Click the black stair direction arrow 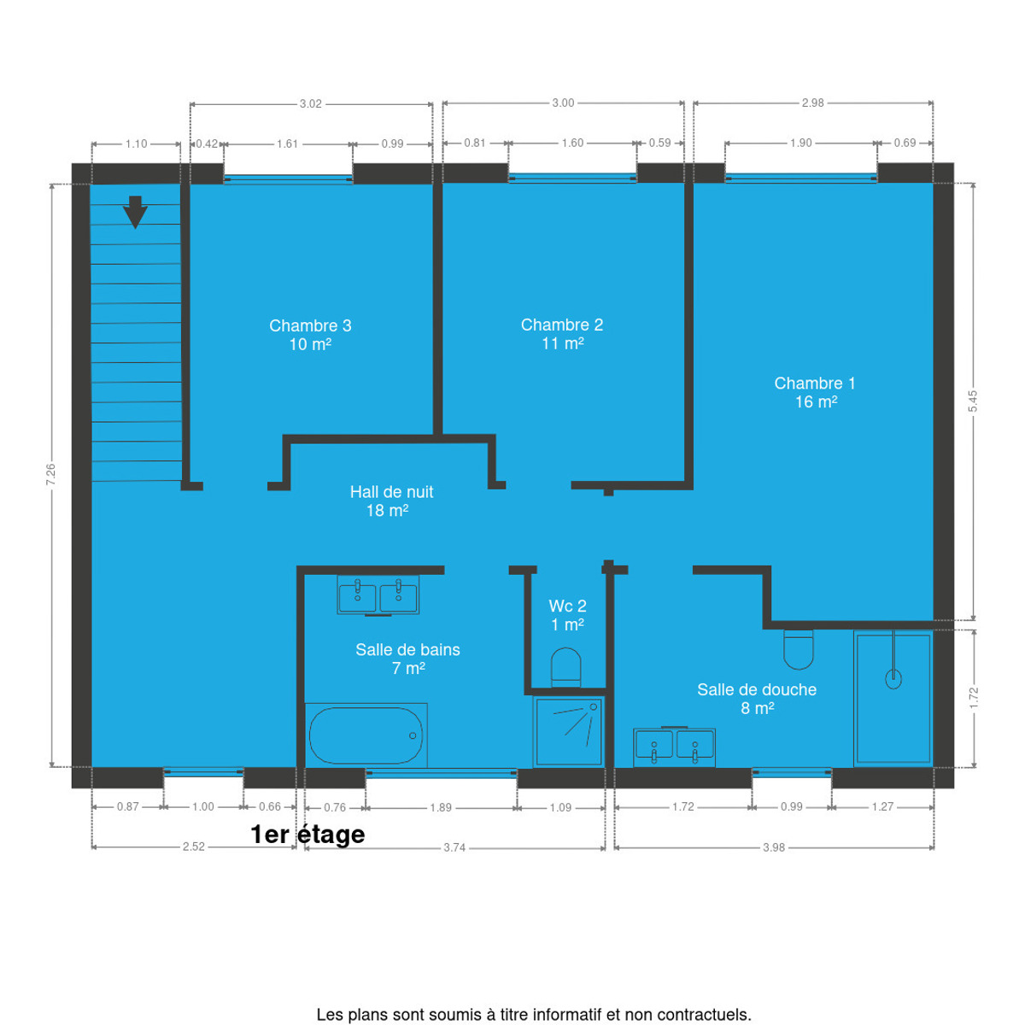pyautogui.click(x=135, y=212)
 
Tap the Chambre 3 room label pyautogui.click(x=310, y=335)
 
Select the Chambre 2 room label pyautogui.click(x=562, y=334)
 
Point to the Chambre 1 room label pyautogui.click(x=815, y=393)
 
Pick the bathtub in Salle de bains pyautogui.click(x=366, y=735)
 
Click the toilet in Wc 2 pyautogui.click(x=566, y=668)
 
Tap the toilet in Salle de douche pyautogui.click(x=799, y=649)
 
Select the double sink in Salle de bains pyautogui.click(x=378, y=595)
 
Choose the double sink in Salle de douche pyautogui.click(x=674, y=747)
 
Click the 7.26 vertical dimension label pyautogui.click(x=51, y=474)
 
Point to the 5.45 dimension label pyautogui.click(x=973, y=401)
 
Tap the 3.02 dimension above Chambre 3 pyautogui.click(x=311, y=103)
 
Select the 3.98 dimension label pyautogui.click(x=774, y=847)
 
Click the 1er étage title pyautogui.click(x=307, y=835)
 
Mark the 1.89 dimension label pyautogui.click(x=441, y=807)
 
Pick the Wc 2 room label pyautogui.click(x=567, y=606)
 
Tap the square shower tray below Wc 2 pyautogui.click(x=569, y=732)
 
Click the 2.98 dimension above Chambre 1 pyautogui.click(x=813, y=102)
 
